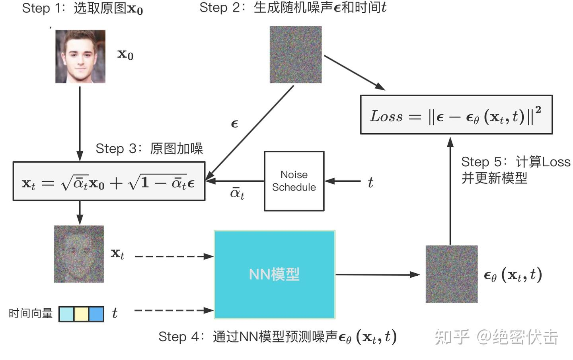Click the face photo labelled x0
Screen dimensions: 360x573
pos(80,56)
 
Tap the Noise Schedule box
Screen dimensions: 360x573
pos(294,181)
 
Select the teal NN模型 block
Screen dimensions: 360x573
pos(275,274)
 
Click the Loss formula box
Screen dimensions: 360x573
pos(456,115)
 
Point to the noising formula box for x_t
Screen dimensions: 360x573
pos(109,181)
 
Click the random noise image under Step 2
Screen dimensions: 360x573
pos(296,54)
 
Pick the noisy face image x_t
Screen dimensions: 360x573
pos(79,254)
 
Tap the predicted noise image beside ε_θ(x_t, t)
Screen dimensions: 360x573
pos(452,274)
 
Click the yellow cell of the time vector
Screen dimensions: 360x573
pos(81,314)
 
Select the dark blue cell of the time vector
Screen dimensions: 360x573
pos(96,314)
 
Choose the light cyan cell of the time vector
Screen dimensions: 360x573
pos(66,314)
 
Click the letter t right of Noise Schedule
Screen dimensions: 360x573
pos(370,183)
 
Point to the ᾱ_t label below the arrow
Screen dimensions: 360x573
pos(237,193)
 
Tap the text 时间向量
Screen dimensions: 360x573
pos(31,313)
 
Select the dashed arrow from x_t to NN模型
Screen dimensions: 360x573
pos(174,257)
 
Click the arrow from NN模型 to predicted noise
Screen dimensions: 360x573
pos(377,274)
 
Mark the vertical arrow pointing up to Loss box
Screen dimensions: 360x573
pos(450,191)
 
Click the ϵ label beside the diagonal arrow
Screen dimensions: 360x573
pos(234,124)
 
